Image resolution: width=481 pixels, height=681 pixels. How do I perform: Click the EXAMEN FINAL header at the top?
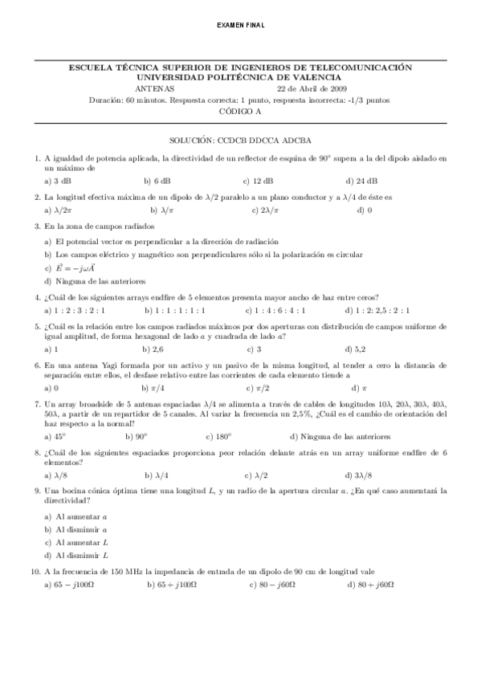tap(241, 26)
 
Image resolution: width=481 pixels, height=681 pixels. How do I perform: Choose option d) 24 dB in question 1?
tap(361, 181)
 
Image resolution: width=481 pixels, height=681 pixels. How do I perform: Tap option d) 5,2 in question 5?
tap(356, 349)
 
